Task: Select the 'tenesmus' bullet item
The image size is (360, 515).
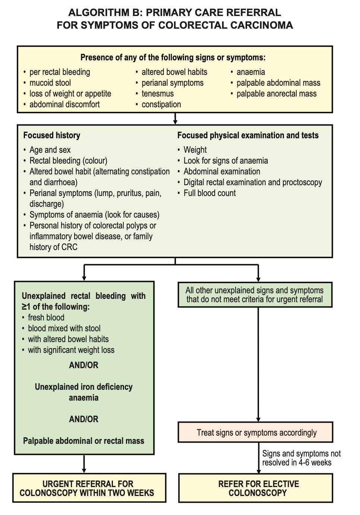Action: coord(158,94)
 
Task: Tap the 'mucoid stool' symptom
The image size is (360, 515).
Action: coord(50,83)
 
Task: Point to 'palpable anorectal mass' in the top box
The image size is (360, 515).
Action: coord(277,94)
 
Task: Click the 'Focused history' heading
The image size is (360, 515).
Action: coord(52,135)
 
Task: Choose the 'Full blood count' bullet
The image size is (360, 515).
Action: coord(209,193)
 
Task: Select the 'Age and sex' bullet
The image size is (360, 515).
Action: coord(50,150)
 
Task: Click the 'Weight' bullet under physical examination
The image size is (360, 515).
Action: coord(195,150)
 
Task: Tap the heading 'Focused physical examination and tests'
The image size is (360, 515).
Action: coord(248,135)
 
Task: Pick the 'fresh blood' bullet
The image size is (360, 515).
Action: coord(46,317)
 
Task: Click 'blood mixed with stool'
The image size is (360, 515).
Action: coord(64,328)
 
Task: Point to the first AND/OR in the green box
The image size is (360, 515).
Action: coord(84,365)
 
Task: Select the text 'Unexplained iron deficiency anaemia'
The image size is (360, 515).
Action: coord(84,392)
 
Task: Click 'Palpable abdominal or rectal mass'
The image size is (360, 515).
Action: coord(84,441)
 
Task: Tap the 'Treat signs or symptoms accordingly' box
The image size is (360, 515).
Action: coord(255,432)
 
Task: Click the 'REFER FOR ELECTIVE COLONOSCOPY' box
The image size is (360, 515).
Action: coord(256,488)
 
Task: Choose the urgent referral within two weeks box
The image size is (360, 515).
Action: coord(89,488)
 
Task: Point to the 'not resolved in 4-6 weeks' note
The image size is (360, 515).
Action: coord(301,458)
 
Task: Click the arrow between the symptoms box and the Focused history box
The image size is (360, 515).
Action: coord(175,119)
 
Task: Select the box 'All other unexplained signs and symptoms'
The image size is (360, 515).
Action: coord(255,295)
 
